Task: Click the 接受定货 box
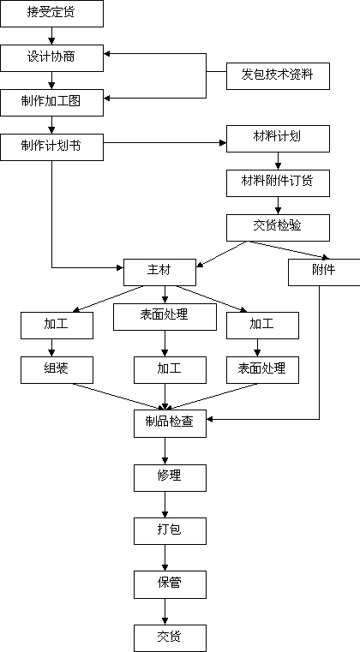[x=51, y=14]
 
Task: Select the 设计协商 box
[x=51, y=57]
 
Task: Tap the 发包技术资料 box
[x=278, y=76]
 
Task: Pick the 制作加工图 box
[x=51, y=103]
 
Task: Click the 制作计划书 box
[x=51, y=147]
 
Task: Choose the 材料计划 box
[x=278, y=139]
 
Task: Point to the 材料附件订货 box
[x=278, y=183]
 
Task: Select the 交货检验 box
[x=278, y=228]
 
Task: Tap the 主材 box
[x=159, y=272]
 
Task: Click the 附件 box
[x=324, y=272]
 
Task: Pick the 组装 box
[x=57, y=370]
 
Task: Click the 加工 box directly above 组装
[x=57, y=326]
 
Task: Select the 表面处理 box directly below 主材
[x=165, y=317]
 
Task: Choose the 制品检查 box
[x=170, y=424]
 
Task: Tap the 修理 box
[x=170, y=478]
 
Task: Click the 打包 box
[x=170, y=531]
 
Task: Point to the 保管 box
[x=170, y=584]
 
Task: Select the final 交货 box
[x=170, y=638]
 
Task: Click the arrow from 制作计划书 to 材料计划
[x=165, y=143]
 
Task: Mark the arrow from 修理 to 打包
[x=165, y=505]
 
